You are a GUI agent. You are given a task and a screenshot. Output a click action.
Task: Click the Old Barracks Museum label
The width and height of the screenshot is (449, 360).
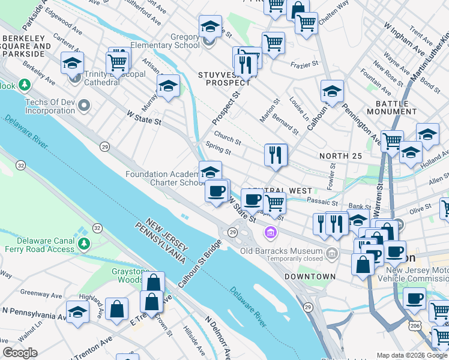pos(280,250)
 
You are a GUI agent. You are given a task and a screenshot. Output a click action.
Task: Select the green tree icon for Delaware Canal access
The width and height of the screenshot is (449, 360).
pos(84,243)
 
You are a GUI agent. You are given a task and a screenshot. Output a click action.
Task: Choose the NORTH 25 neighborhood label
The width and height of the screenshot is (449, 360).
pos(340,156)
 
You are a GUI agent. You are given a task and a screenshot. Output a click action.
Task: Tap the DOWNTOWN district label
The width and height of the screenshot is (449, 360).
pos(310,277)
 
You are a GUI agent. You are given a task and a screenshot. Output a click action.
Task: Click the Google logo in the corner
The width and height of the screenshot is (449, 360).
pos(20,353)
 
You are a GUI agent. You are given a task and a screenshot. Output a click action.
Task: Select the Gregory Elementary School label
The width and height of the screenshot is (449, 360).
pos(170,41)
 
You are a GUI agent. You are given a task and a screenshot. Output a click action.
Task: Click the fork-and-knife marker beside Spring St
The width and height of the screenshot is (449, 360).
pos(276,155)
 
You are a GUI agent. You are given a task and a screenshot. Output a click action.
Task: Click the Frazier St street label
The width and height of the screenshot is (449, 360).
pos(303,64)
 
